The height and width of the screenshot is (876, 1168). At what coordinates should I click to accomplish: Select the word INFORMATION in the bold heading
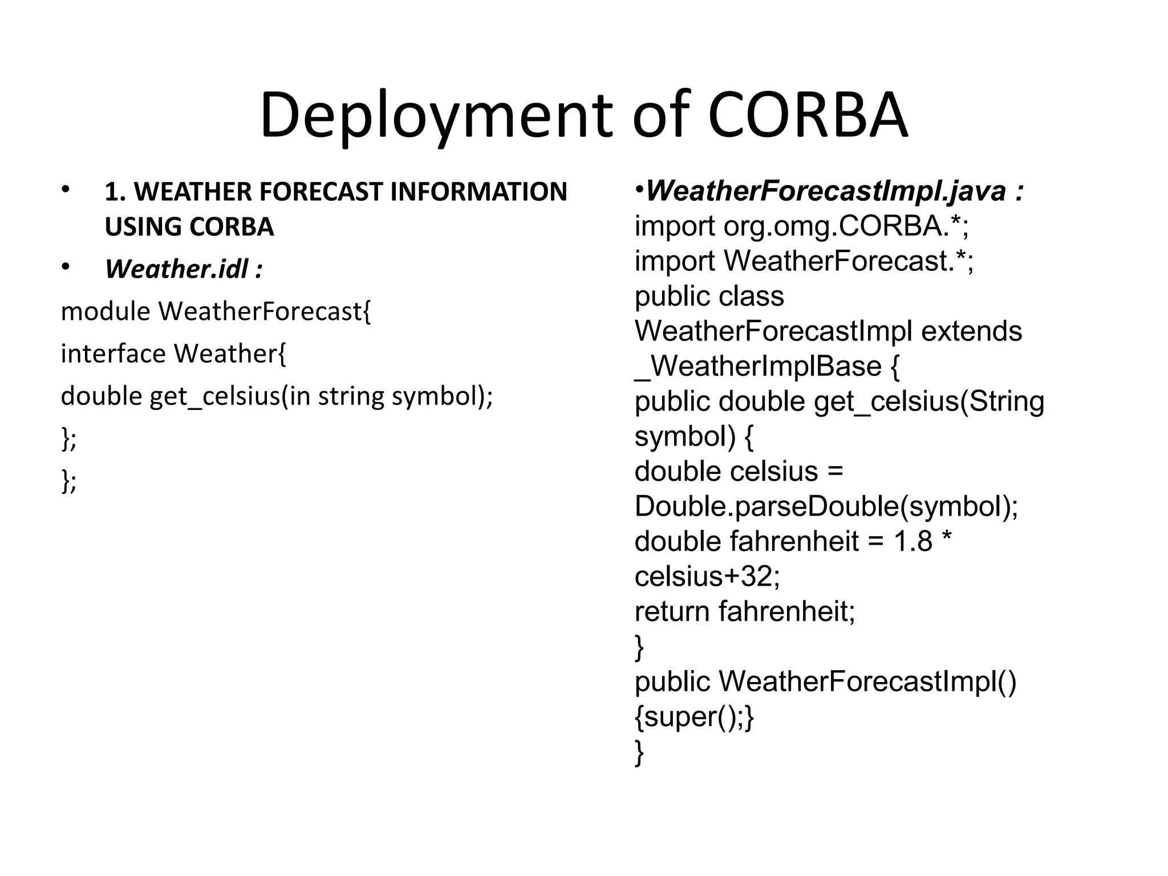pos(478,192)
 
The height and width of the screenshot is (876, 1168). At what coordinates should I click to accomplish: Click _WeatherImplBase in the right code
pos(758,366)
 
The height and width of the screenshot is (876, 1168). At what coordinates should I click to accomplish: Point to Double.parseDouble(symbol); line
pos(826,506)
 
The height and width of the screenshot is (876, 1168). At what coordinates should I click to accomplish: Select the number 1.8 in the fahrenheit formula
pos(912,541)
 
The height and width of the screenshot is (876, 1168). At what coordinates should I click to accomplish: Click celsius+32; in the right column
pos(707,577)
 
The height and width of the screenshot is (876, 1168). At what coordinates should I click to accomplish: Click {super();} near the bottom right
pos(694,717)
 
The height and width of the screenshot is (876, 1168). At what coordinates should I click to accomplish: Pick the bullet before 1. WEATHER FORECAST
pos(66,189)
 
